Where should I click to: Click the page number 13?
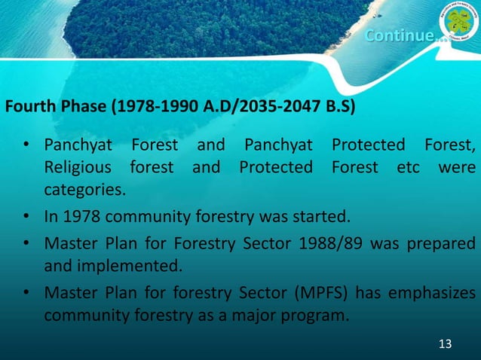click(445, 344)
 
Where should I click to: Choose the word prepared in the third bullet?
click(444, 245)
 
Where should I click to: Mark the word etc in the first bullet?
click(409, 166)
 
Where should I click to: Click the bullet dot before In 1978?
click(26, 218)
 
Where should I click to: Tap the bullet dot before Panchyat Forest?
click(26, 145)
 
